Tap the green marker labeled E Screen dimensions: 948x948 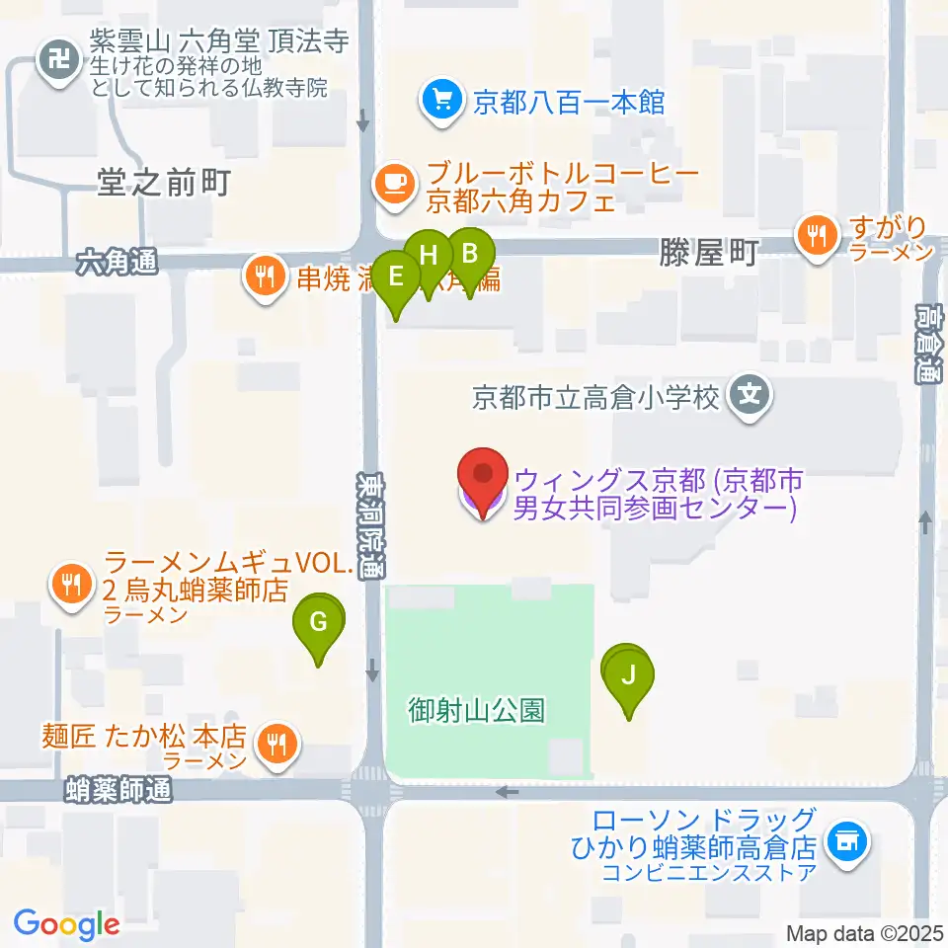[x=397, y=277]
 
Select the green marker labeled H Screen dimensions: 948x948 [x=429, y=256]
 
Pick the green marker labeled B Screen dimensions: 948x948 [x=468, y=254]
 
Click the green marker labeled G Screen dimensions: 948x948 [x=318, y=623]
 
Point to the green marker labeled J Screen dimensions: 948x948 [x=629, y=676]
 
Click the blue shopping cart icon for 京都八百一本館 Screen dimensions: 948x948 [x=440, y=100]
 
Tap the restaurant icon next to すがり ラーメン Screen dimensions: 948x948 [x=817, y=235]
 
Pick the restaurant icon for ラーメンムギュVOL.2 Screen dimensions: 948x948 [x=69, y=584]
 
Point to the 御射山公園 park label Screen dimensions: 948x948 [x=477, y=710]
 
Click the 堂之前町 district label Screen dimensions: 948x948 [x=164, y=183]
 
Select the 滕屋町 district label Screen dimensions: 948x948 [x=707, y=255]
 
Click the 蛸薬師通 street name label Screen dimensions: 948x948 [x=118, y=789]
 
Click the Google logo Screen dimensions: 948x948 [x=66, y=924]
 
